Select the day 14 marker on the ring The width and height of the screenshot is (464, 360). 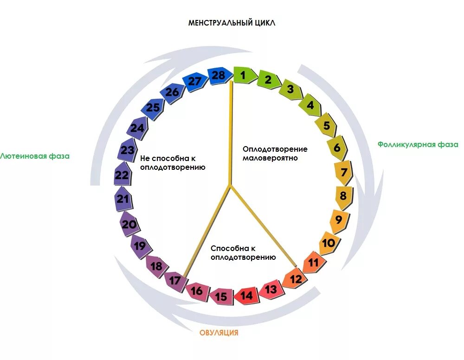[x=246, y=296]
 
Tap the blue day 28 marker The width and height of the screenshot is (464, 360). [x=219, y=75]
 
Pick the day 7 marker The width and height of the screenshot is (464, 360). [x=344, y=173]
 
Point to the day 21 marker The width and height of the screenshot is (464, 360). [x=123, y=199]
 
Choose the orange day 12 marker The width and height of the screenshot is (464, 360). [x=296, y=279]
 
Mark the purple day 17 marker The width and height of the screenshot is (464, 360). [x=175, y=281]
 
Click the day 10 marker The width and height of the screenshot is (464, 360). [x=329, y=243]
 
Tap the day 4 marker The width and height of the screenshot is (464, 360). [x=309, y=106]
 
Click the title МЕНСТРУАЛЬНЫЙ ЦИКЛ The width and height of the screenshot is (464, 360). [x=232, y=23]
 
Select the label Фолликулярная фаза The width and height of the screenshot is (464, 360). [x=418, y=144]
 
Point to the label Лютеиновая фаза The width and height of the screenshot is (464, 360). [x=35, y=156]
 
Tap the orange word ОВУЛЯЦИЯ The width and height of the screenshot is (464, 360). [x=219, y=333]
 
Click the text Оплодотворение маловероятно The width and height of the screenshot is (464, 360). [x=275, y=154]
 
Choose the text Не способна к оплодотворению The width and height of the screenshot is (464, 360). [x=173, y=162]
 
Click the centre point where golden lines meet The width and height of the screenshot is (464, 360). [x=230, y=185]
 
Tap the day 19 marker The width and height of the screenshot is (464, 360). [x=139, y=245]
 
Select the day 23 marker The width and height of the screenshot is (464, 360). [x=127, y=150]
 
